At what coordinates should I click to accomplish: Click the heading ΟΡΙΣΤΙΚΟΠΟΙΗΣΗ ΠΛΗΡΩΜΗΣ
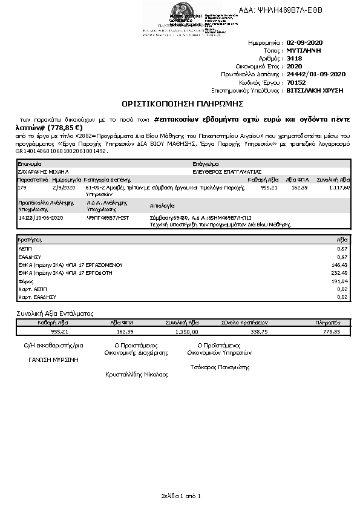point(180,103)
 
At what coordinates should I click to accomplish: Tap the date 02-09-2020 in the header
point(306,44)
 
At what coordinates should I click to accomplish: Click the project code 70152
point(296,82)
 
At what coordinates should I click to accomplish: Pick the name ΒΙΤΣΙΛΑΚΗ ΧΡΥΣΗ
point(315,90)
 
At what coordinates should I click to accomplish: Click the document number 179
point(22,188)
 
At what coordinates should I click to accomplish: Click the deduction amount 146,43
point(341,265)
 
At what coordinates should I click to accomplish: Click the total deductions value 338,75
point(258,332)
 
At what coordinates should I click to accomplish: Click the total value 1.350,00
point(186,332)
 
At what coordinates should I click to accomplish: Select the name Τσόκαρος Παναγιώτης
point(220,367)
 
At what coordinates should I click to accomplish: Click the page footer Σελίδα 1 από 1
point(180,496)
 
